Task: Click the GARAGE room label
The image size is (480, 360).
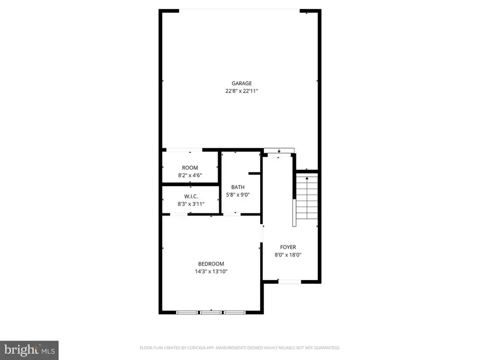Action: [241, 83]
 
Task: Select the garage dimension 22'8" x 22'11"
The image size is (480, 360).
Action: [241, 91]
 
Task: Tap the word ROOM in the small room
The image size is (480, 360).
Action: [190, 168]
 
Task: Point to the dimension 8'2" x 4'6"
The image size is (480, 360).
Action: [190, 175]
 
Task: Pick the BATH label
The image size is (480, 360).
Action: [238, 187]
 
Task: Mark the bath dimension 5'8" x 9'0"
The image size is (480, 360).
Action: [238, 195]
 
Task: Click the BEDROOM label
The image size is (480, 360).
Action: [211, 264]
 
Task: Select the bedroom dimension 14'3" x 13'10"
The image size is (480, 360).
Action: [211, 271]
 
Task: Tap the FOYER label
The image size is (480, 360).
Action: [288, 247]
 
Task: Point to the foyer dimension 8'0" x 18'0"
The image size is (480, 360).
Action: [288, 255]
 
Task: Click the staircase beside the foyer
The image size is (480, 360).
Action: [307, 200]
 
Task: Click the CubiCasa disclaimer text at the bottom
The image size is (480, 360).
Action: [239, 348]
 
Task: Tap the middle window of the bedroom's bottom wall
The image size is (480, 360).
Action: [211, 312]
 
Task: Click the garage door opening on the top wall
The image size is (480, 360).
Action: [240, 10]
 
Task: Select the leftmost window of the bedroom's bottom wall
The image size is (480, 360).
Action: [188, 312]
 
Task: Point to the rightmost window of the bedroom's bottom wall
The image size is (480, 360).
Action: [234, 312]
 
